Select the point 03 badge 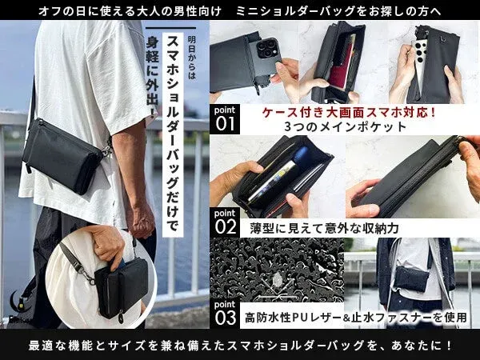[226, 313]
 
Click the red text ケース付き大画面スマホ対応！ [350, 112]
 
